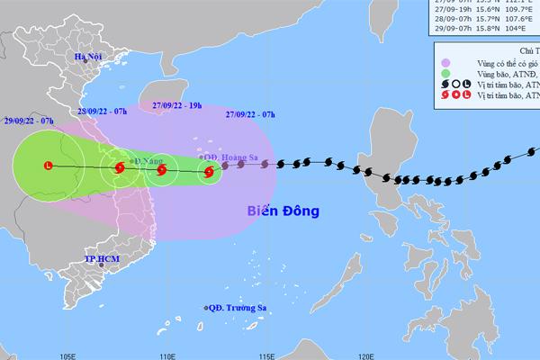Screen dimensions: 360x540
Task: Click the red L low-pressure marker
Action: [x=48, y=166]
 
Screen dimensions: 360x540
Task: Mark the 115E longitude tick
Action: [x=265, y=354]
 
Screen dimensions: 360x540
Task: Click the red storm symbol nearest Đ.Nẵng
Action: [x=119, y=167]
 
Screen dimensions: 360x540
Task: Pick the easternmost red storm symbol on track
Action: [x=208, y=170]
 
